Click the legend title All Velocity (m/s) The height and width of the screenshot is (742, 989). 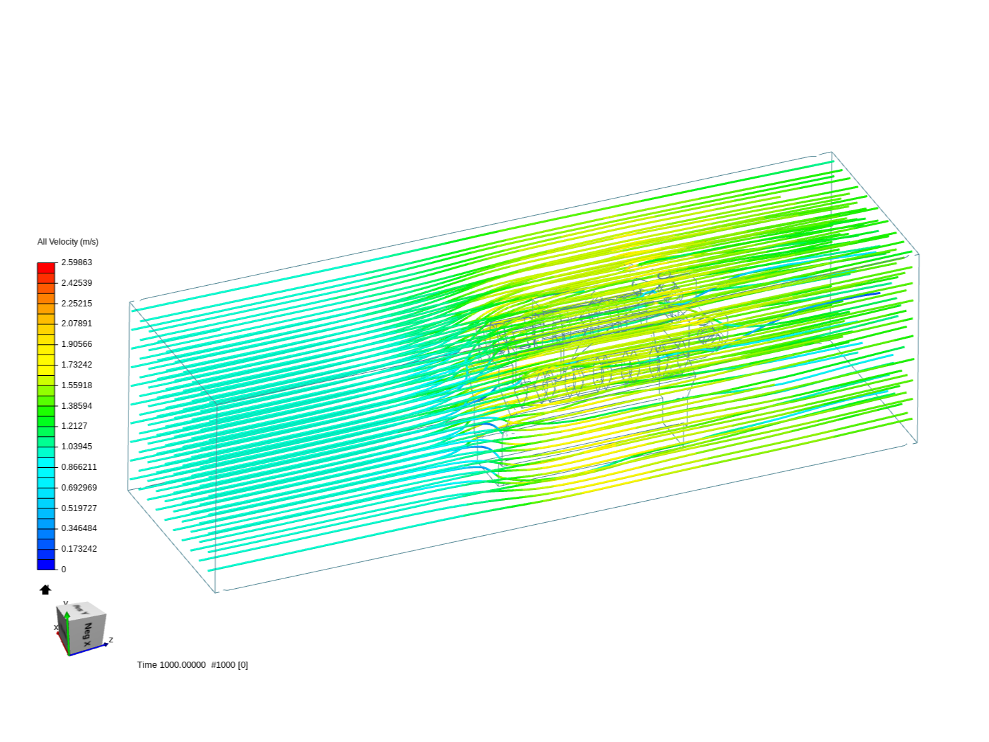click(67, 242)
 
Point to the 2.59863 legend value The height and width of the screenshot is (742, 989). click(77, 262)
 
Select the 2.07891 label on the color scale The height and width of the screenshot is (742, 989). click(77, 324)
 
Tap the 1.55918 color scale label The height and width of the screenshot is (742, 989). click(77, 385)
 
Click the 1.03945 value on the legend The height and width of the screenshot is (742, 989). click(77, 447)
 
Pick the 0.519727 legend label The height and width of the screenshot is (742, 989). click(79, 508)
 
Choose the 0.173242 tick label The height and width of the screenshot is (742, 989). click(79, 549)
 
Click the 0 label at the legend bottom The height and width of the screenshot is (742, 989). click(64, 570)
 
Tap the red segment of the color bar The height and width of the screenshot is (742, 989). click(46, 268)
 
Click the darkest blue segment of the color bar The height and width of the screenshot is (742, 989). click(46, 565)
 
